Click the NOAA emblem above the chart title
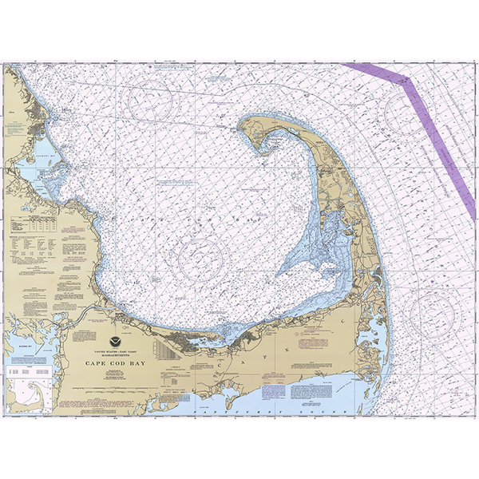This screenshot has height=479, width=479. tap(125, 328)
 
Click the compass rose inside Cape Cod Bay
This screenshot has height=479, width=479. tap(200, 257)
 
